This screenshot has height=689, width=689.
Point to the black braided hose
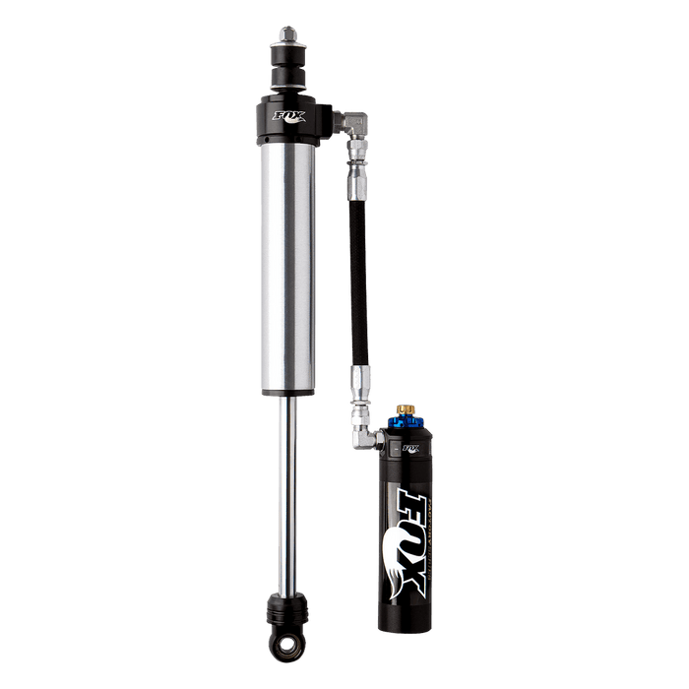355,285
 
